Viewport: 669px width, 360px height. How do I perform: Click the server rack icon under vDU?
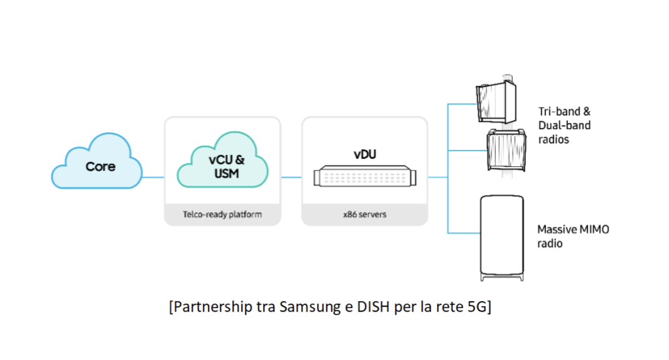(364, 177)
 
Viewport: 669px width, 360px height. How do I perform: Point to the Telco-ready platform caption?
(222, 214)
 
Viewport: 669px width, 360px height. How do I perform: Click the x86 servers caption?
(364, 214)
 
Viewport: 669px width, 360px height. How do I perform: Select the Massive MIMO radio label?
(573, 236)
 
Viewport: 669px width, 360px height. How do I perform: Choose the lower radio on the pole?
(505, 149)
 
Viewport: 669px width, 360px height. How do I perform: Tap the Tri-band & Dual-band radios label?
(564, 125)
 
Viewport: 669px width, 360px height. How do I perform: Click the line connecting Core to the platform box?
(153, 177)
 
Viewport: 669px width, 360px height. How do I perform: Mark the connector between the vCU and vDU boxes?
(291, 177)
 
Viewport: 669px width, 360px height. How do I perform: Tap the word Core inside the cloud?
(100, 167)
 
